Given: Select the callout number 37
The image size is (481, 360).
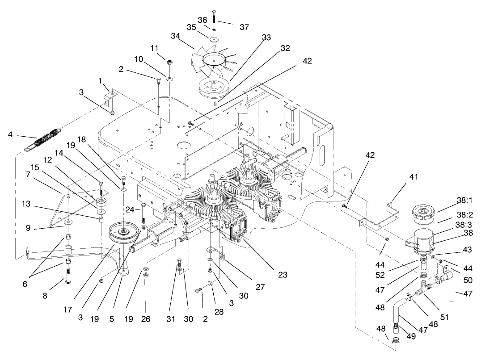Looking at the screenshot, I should point(244,27).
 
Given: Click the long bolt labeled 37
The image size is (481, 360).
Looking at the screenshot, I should point(214,18).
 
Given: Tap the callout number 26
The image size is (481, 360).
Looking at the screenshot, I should point(146,319).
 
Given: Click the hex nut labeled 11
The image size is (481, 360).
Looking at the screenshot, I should point(170,61).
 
